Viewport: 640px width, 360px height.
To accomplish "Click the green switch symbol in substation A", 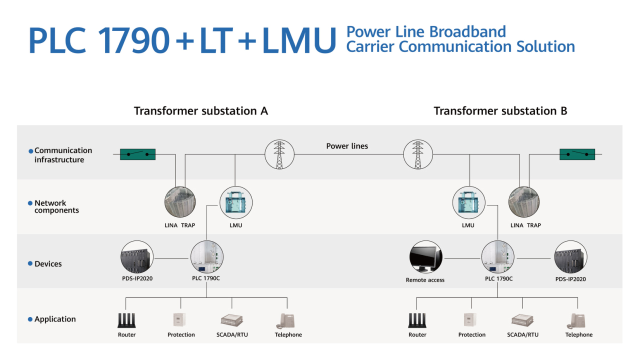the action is [x=137, y=154].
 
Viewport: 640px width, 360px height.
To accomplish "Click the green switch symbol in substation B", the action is [x=577, y=154].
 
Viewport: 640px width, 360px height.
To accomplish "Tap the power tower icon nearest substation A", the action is [x=279, y=154].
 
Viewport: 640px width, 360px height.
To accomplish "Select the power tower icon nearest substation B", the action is [x=418, y=154].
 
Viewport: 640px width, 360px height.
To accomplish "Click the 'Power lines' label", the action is [x=347, y=146].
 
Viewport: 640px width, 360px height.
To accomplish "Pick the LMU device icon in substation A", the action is [x=236, y=203].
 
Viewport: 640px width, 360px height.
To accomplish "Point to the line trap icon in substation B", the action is [x=524, y=202].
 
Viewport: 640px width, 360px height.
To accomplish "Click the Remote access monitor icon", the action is [x=425, y=257].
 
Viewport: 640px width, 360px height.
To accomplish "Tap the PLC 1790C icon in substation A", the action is [x=207, y=257].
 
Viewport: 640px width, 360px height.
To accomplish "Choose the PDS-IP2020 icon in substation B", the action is [x=570, y=257].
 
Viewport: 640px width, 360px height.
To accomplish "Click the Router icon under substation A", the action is [x=126, y=320].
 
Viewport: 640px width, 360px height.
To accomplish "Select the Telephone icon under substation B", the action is [x=576, y=321].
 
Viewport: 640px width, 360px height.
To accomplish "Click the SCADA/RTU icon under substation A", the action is [x=231, y=320].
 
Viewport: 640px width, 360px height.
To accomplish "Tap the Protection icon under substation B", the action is [x=470, y=320].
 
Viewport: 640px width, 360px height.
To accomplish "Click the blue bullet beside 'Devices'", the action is [x=30, y=263].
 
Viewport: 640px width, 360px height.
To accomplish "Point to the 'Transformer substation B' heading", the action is [x=500, y=111].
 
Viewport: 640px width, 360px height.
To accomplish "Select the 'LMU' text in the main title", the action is [x=299, y=40].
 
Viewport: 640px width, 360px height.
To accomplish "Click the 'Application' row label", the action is [x=55, y=319].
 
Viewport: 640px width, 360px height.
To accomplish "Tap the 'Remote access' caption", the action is [x=425, y=280].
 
